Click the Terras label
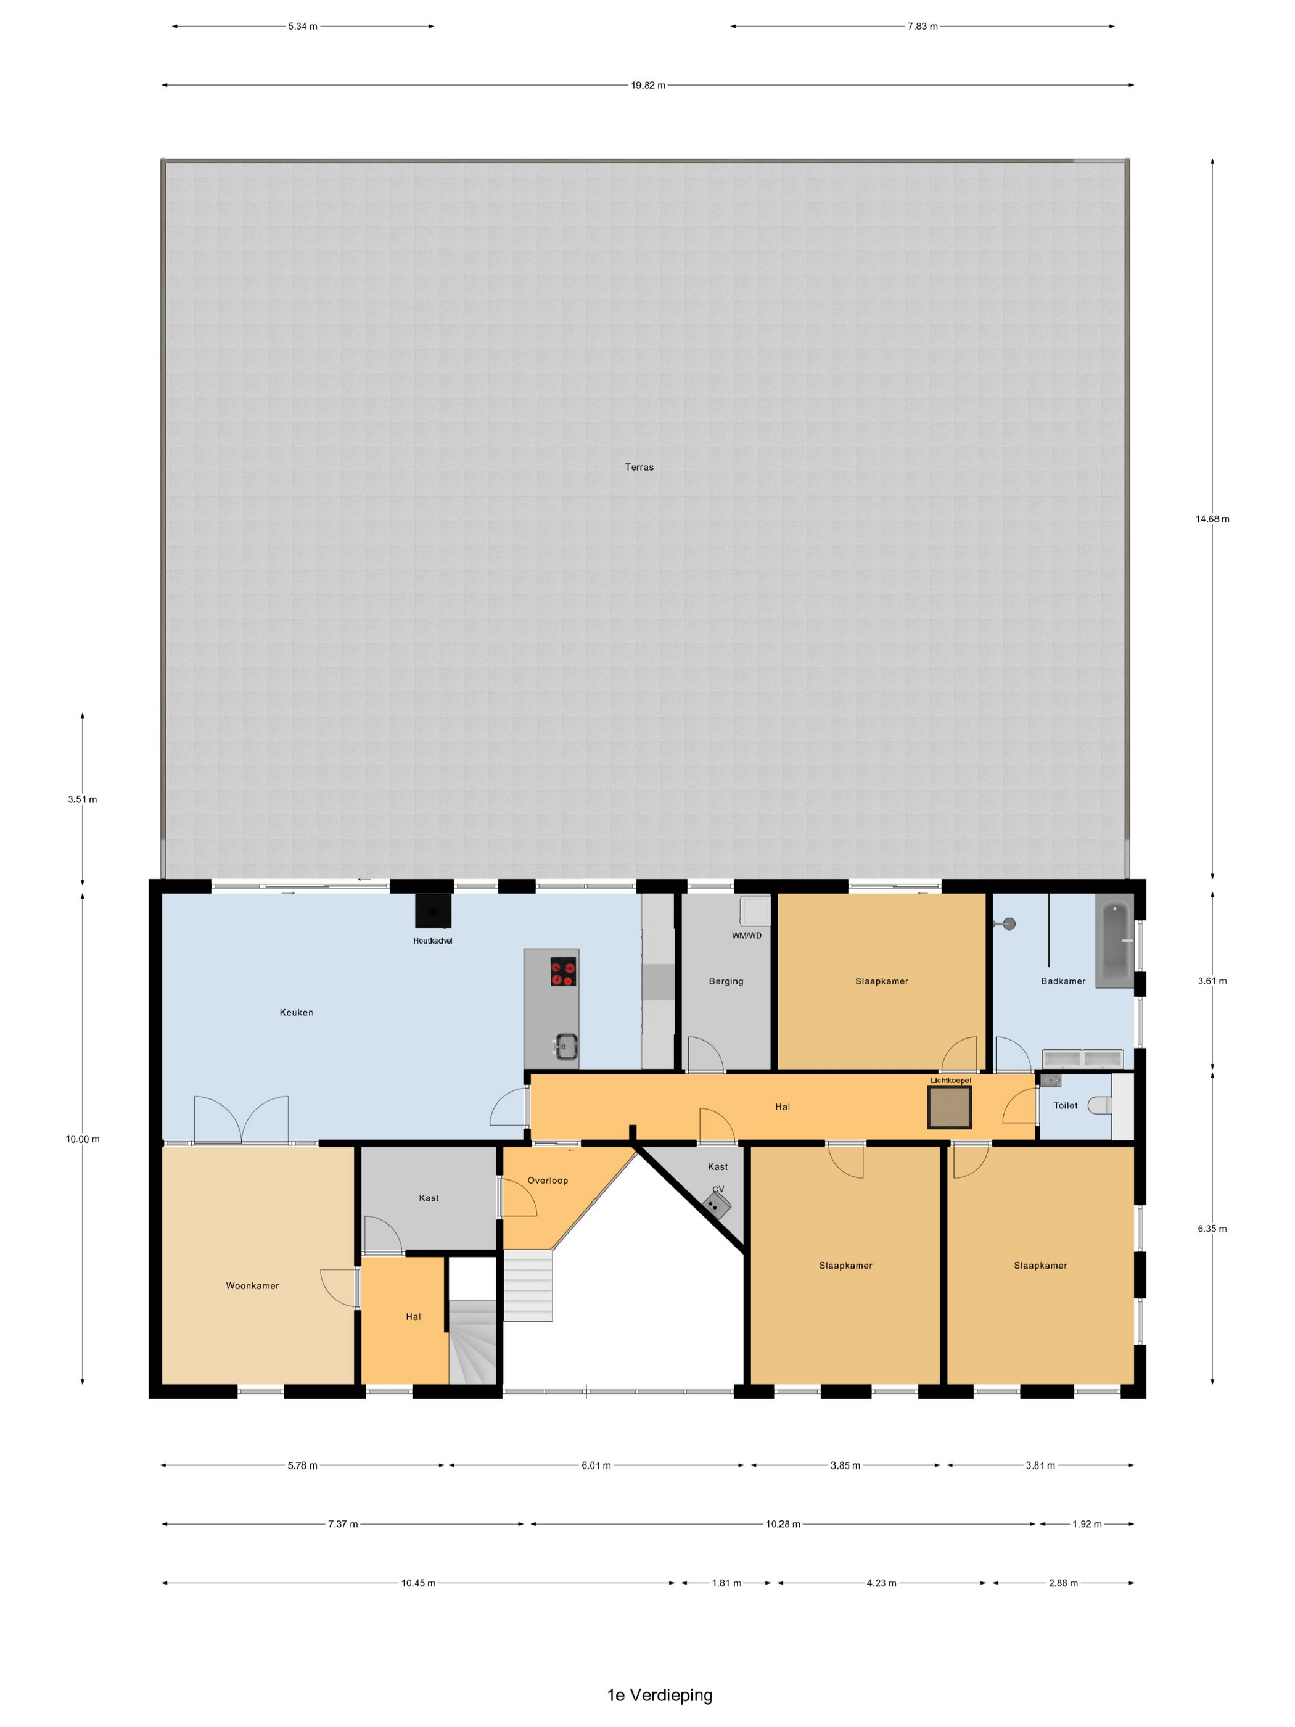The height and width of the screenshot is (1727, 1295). (638, 467)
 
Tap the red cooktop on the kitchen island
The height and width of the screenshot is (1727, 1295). (563, 971)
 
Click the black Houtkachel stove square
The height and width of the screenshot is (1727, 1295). (432, 911)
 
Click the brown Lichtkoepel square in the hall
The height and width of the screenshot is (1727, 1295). (949, 1107)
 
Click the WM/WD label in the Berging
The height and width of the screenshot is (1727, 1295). (746, 935)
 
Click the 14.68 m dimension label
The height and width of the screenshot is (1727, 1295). (1212, 519)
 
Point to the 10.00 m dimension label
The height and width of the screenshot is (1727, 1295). (83, 1139)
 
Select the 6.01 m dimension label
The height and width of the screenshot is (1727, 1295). (596, 1465)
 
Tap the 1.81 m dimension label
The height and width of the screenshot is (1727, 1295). (726, 1583)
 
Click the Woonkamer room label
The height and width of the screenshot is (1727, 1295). (252, 1286)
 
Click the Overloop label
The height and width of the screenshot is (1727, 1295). (547, 1181)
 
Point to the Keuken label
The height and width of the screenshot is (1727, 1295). (296, 1013)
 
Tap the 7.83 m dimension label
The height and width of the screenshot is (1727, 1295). (922, 27)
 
